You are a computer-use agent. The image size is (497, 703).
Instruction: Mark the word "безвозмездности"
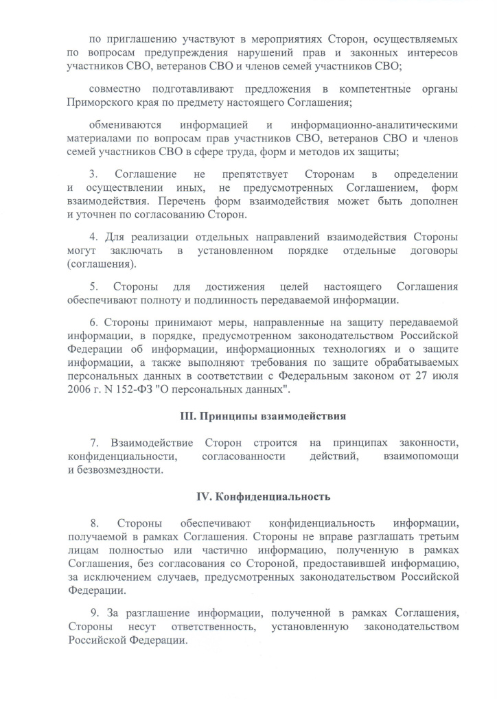[121, 470]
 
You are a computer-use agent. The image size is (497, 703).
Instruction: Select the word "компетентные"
[375, 89]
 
